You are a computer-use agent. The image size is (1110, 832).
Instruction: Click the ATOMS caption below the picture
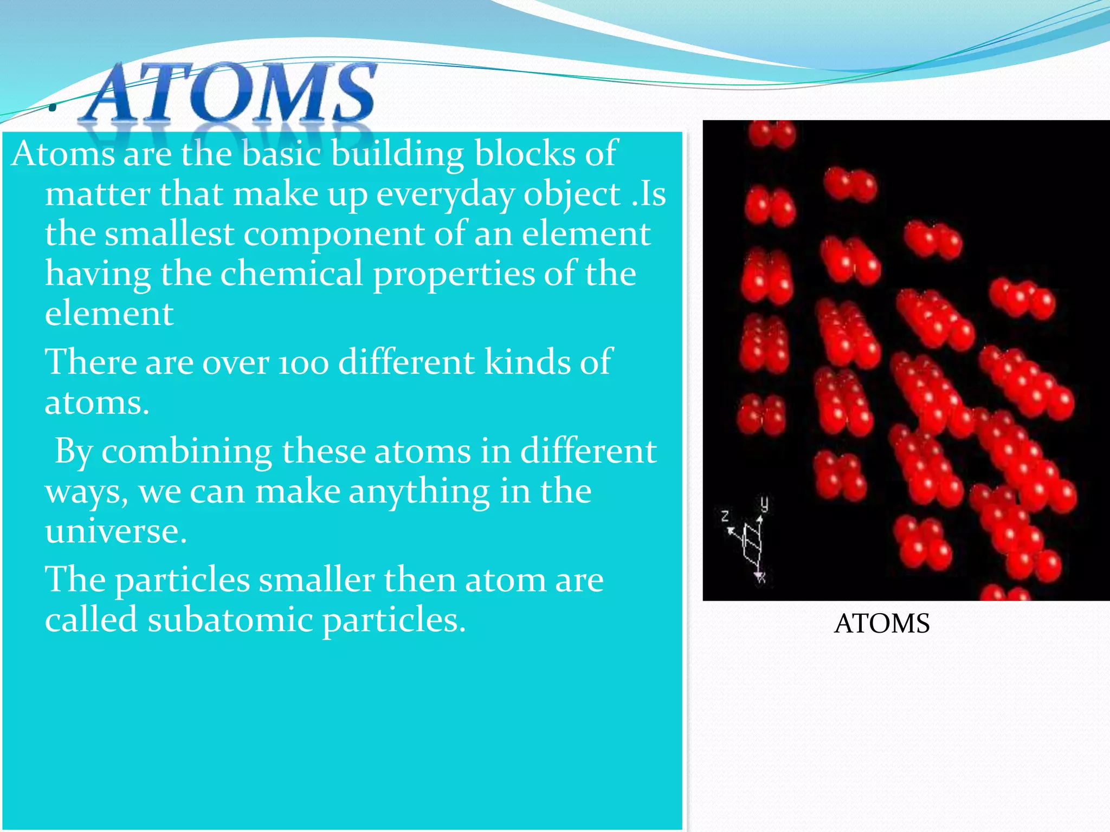tap(882, 623)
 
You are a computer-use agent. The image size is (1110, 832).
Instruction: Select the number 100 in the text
tap(304, 363)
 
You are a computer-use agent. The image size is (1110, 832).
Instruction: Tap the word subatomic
tap(230, 620)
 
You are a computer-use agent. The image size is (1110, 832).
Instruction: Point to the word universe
tap(115, 532)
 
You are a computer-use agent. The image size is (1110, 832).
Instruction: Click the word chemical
tap(291, 274)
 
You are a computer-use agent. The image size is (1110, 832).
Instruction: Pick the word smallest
tap(169, 234)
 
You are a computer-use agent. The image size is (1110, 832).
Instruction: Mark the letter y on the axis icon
tap(764, 503)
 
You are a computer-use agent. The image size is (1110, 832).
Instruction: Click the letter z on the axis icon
tap(725, 515)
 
